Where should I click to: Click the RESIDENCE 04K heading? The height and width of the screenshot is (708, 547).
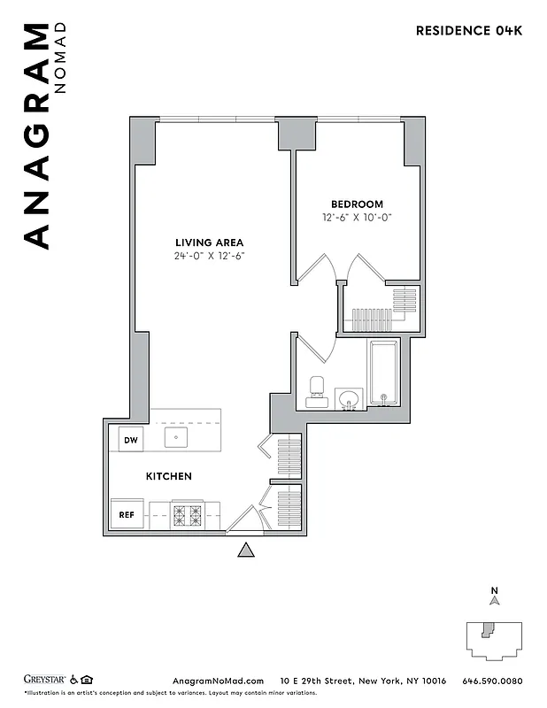469,31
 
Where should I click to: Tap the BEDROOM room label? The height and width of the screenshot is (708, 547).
357,204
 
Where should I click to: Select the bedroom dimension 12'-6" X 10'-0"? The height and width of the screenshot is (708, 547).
357,218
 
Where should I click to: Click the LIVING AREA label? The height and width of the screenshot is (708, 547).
209,242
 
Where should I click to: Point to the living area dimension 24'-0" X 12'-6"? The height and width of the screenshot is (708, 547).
209,256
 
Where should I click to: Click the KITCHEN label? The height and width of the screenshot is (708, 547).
168,476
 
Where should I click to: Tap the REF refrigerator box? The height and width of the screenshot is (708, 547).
126,513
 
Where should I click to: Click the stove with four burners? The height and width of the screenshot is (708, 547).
187,513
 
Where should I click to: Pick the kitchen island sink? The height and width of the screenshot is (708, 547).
175,437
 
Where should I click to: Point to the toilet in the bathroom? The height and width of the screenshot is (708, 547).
316,390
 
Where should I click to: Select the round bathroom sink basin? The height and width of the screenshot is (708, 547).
350,398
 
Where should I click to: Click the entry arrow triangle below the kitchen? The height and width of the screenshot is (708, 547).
246,550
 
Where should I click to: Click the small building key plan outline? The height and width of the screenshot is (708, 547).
492,639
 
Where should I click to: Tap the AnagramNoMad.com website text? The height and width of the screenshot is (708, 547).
217,681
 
